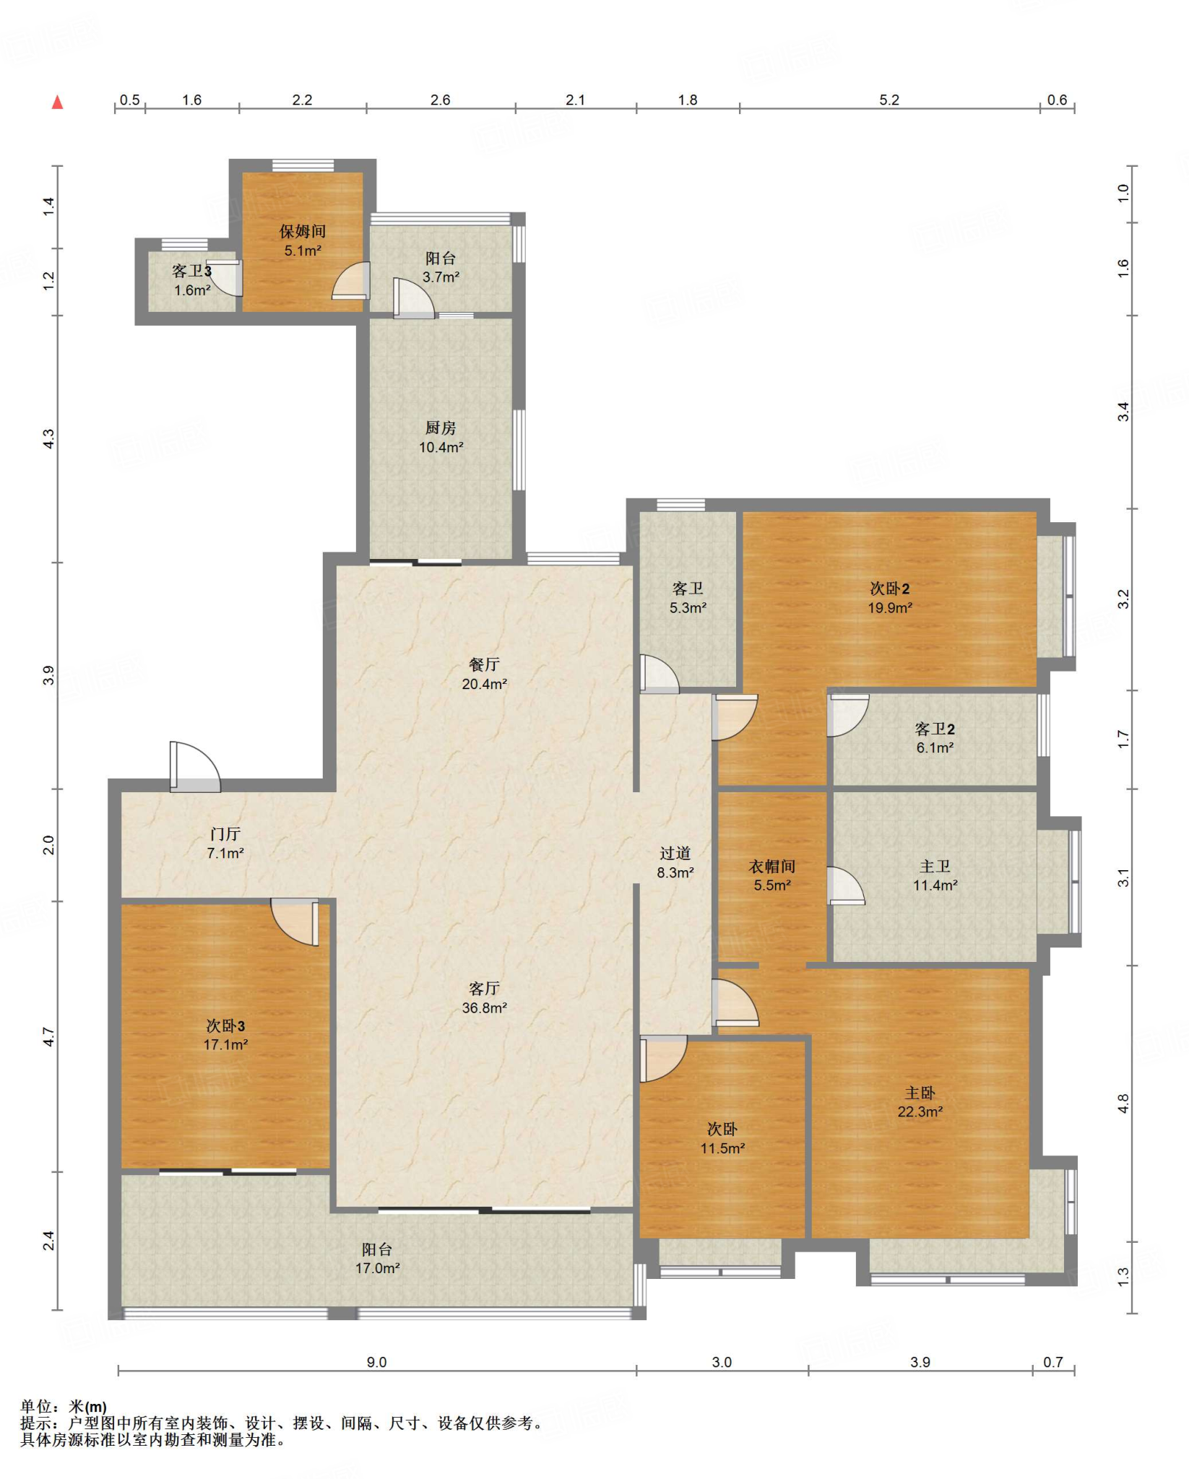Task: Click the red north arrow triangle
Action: pos(58,103)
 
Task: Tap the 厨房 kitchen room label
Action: pos(441,428)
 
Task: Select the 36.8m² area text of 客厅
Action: pos(484,1007)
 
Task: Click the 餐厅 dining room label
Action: pos(484,664)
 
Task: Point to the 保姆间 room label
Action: pos(303,231)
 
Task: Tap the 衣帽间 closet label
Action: pos(772,866)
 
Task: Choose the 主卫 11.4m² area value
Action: pos(935,885)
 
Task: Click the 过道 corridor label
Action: pos(675,853)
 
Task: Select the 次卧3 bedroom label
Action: pos(225,1025)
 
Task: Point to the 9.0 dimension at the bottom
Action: pos(376,1362)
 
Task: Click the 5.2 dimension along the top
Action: pos(889,100)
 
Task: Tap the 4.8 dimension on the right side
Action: pos(1123,1103)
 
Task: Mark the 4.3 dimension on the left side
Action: pos(48,438)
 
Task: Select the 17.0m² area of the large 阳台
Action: pos(377,1267)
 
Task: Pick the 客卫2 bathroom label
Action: pos(935,729)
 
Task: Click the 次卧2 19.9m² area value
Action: pos(890,607)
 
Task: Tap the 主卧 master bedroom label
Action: pos(920,1093)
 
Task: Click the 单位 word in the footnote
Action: pos(36,1406)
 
